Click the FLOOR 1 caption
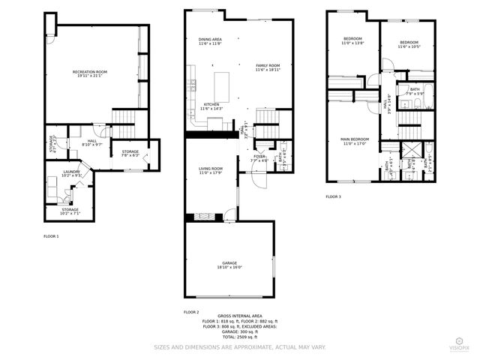(51, 236)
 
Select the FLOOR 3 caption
(333, 196)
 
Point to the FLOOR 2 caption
(191, 311)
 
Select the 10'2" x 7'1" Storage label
(70, 211)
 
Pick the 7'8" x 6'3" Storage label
(130, 154)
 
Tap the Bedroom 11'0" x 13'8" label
(352, 40)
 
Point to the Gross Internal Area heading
(240, 316)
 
